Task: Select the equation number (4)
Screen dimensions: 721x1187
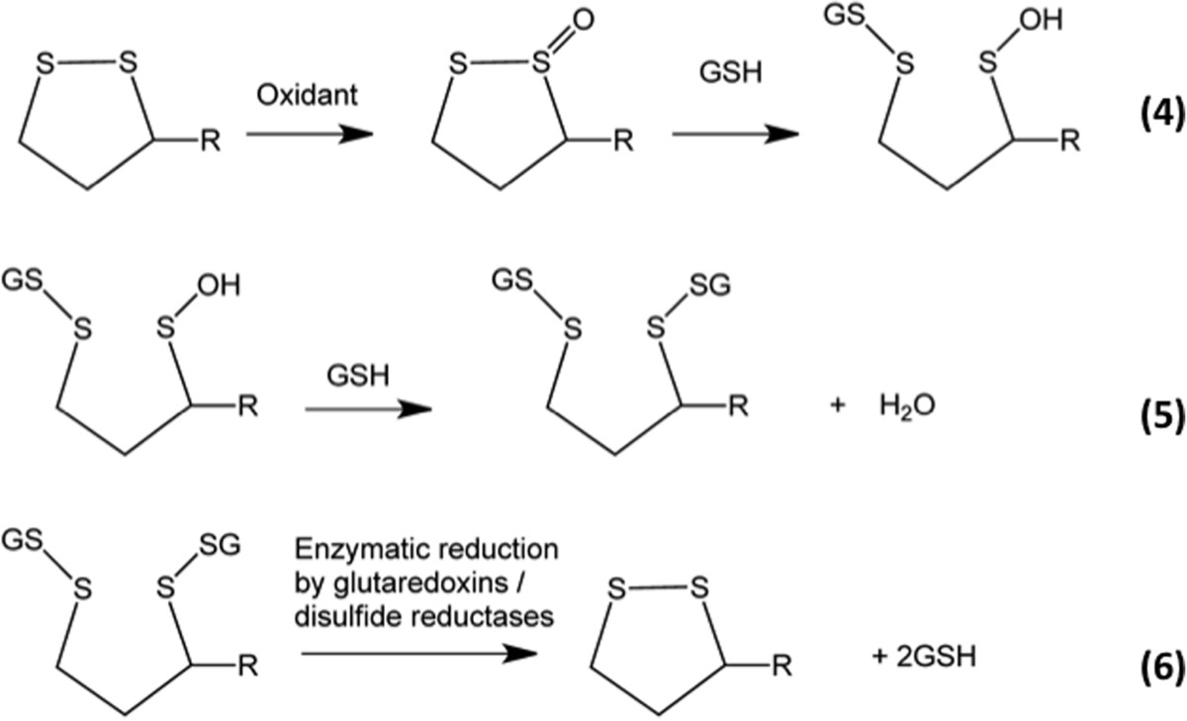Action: click(x=1156, y=131)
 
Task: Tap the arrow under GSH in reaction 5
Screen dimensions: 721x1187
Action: click(x=367, y=408)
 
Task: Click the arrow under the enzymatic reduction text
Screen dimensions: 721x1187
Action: click(x=421, y=653)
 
